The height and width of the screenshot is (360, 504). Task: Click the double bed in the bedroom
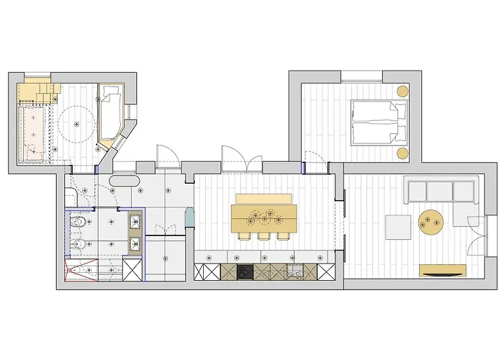coord(378,122)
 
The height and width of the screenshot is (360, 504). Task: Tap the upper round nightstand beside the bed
coord(402,91)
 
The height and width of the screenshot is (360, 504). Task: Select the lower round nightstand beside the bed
coord(402,153)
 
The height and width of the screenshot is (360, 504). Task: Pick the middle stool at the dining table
coord(264,236)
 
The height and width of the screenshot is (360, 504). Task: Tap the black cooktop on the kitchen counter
coord(245,272)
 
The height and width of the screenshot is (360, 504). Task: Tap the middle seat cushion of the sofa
coord(439,190)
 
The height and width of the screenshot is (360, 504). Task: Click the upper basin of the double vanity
coord(134,220)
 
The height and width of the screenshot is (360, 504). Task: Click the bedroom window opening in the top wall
coord(362,75)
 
